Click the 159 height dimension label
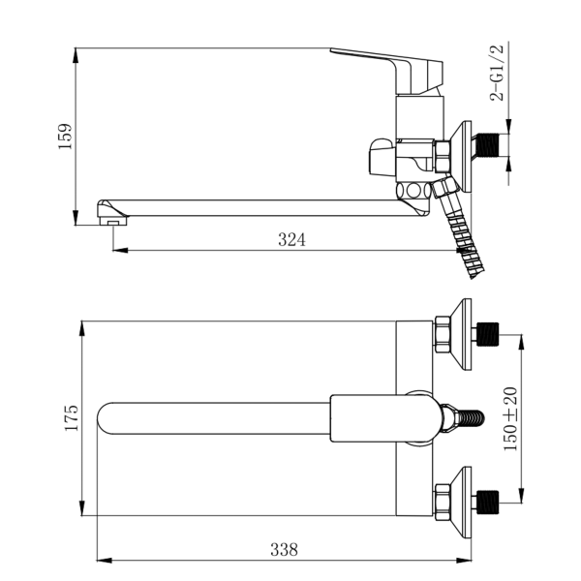[65, 137]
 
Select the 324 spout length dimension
[292, 240]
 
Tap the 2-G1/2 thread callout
[497, 73]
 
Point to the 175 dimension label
[72, 417]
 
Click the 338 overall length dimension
[284, 550]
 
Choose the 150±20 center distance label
[510, 418]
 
